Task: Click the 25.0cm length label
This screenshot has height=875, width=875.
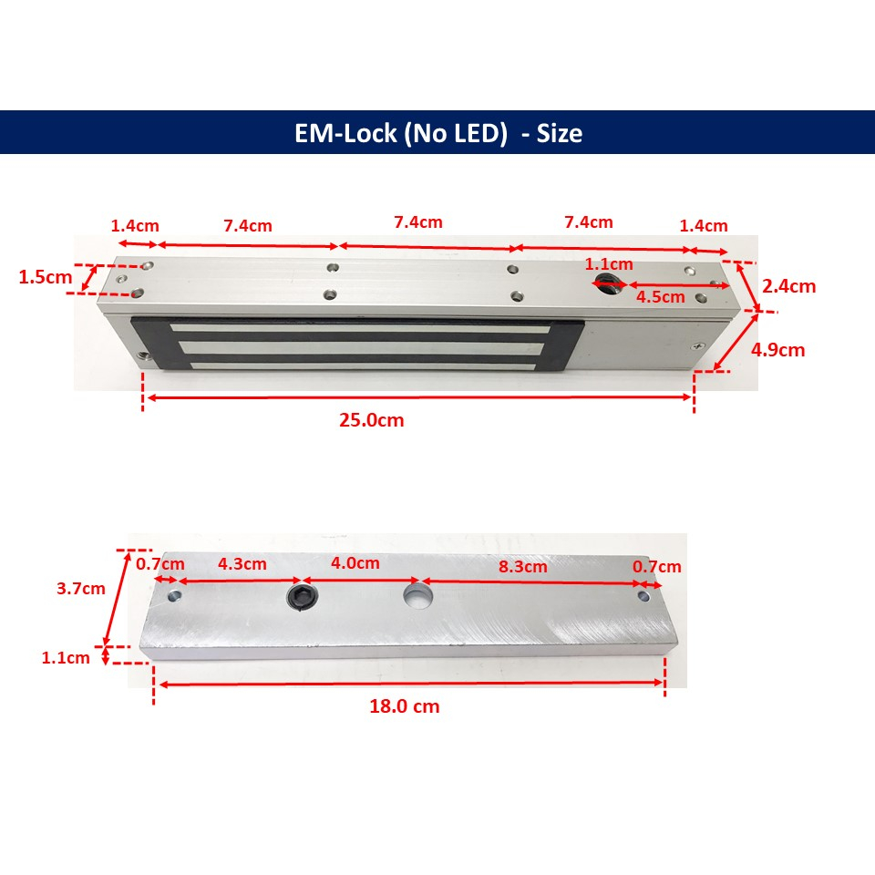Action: coord(372,419)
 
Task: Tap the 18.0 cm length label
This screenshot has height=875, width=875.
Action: coord(405,706)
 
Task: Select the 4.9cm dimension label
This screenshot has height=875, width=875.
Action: coord(777,350)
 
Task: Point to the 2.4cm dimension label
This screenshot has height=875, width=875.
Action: coord(789,286)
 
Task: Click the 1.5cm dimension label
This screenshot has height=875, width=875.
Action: coord(46,277)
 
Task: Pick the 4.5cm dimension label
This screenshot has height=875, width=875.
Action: coord(661,297)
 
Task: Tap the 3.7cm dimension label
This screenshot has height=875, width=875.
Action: coord(81,588)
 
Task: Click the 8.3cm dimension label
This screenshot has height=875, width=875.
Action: coord(523,566)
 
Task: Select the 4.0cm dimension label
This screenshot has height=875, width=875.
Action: coord(355,562)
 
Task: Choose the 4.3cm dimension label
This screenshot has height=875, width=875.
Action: coord(242,563)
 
